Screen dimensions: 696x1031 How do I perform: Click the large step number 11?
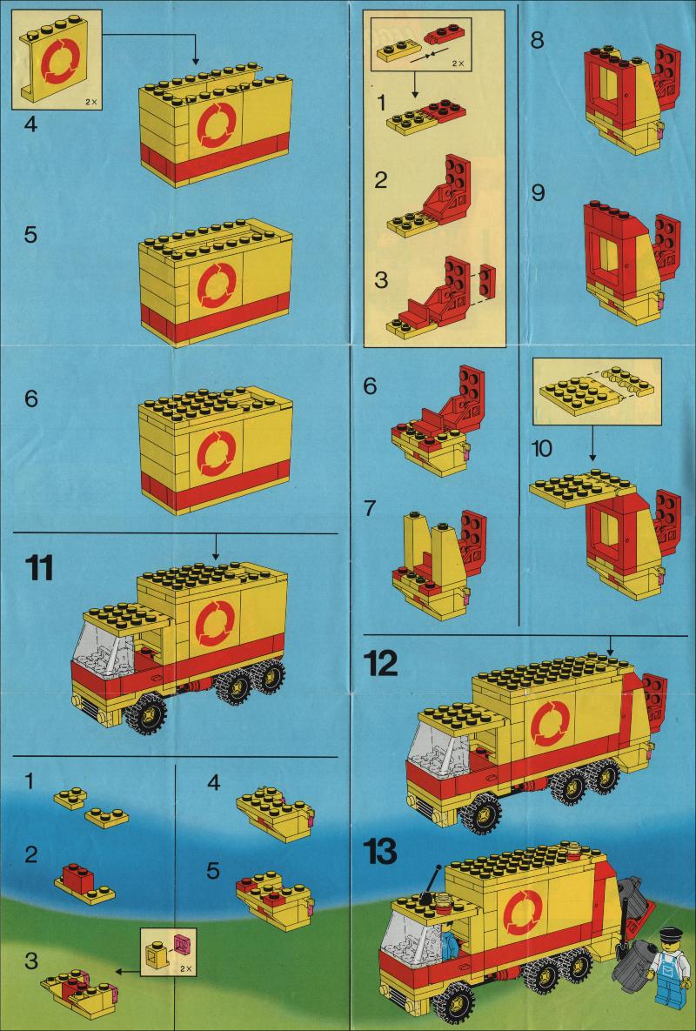point(39,567)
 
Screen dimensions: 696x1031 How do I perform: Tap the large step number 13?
point(380,852)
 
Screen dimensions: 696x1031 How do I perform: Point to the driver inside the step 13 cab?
point(450,943)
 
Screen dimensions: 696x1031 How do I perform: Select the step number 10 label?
point(541,449)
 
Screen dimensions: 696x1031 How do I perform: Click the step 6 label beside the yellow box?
point(31,398)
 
